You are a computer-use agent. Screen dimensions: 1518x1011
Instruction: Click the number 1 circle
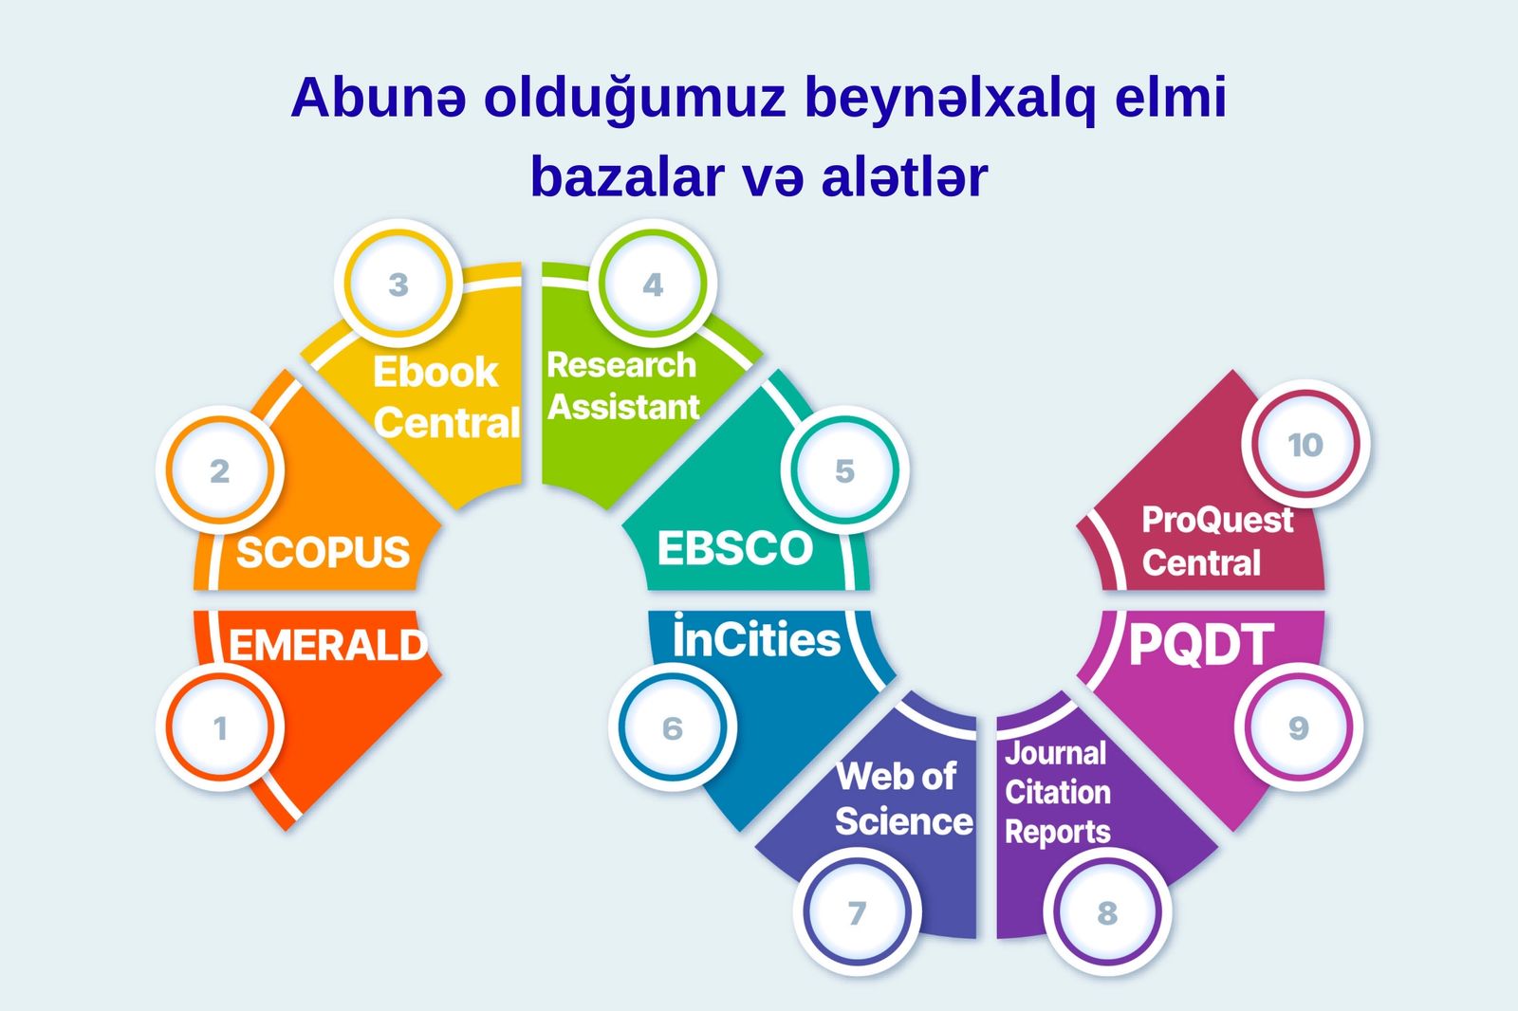coord(219,727)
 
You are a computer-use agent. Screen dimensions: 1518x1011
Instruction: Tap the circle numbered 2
coord(219,470)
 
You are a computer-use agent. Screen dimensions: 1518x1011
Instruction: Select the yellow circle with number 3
coord(398,284)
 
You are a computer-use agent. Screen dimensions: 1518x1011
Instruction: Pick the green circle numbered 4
coord(653,284)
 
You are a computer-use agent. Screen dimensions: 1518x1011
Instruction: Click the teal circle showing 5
coord(844,470)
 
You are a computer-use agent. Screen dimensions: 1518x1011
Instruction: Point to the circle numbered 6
coord(673,727)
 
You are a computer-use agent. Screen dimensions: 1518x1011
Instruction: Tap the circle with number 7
coord(858,912)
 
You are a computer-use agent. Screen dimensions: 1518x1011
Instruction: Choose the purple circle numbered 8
coord(1107,912)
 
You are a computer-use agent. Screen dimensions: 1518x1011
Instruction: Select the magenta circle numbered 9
coord(1299,727)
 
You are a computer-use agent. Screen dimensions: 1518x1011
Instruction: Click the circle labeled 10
coord(1305,445)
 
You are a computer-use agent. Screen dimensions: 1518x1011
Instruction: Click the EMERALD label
coord(328,644)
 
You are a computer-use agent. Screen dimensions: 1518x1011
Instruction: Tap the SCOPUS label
coord(323,552)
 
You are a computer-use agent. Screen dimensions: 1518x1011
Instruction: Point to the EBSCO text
coord(734,547)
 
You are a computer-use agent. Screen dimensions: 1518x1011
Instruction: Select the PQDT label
coord(1201,644)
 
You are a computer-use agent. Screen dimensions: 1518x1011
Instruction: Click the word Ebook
coord(435,372)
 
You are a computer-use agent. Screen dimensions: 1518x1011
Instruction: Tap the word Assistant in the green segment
coord(623,407)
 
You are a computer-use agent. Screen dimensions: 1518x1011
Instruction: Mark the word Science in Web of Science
coord(904,820)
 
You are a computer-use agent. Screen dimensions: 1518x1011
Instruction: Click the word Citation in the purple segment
coord(1058,792)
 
